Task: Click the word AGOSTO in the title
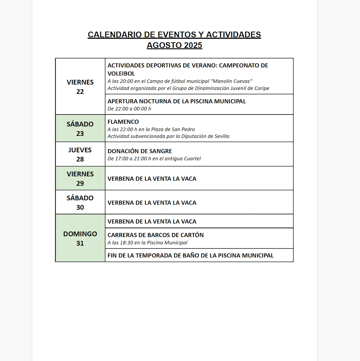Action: coord(164,45)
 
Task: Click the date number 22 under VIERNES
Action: coord(80,92)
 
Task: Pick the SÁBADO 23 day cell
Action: coord(80,128)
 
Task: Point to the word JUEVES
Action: coord(80,150)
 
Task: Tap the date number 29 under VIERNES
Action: coord(80,184)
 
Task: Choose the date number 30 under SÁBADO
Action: coord(80,207)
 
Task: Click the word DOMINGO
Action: coord(80,234)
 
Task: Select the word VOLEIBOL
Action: coord(121,74)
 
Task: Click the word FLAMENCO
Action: coord(123,122)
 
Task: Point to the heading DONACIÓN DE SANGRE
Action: coord(140,151)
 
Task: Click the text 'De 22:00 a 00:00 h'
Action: coord(129,109)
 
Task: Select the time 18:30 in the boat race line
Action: coord(127,243)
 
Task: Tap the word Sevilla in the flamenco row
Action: coord(222,136)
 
